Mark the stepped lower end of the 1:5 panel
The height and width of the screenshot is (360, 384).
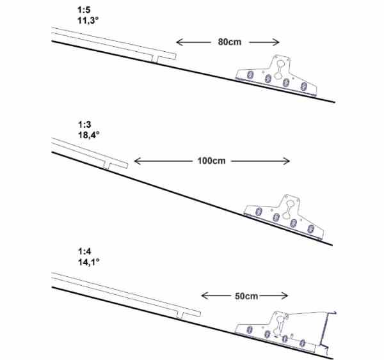pos(164,57)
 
